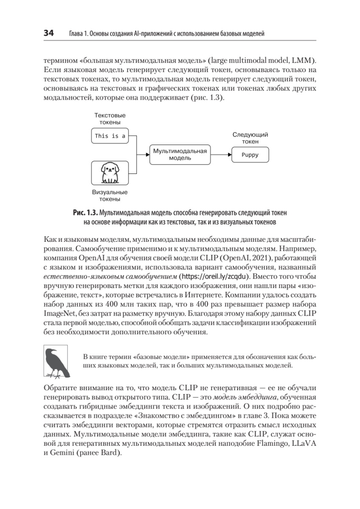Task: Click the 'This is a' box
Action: (x=110, y=136)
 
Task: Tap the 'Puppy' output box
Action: (x=250, y=155)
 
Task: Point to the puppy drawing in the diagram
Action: (x=110, y=173)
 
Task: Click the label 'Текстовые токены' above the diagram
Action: (x=110, y=119)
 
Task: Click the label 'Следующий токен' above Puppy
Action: (x=250, y=138)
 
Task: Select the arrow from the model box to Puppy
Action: (x=221, y=155)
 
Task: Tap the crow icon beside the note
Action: (x=57, y=363)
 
